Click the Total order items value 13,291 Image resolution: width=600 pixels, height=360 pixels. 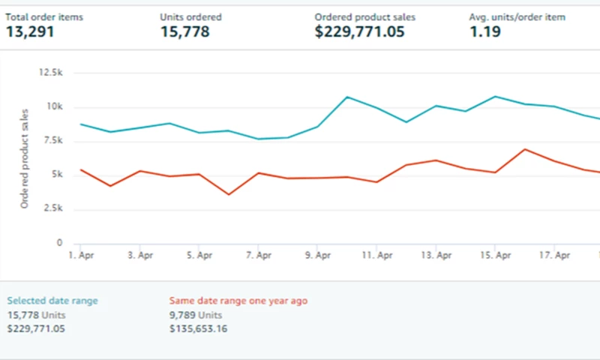pyautogui.click(x=30, y=31)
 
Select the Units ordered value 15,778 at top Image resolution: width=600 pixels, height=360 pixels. pyautogui.click(x=184, y=31)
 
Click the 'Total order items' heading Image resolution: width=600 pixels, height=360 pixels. pyautogui.click(x=45, y=16)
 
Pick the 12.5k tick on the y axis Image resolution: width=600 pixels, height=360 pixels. pyautogui.click(x=50, y=73)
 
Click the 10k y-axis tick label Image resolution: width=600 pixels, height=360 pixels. pyautogui.click(x=55, y=107)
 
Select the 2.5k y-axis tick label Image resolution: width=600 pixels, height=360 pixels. pyautogui.click(x=52, y=209)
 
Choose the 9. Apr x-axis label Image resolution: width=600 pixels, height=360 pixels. pyautogui.click(x=318, y=256)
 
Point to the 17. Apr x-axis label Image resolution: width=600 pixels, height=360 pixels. pyautogui.click(x=555, y=256)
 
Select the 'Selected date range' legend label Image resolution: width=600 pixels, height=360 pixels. pyautogui.click(x=52, y=301)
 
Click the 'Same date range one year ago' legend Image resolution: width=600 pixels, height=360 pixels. pyautogui.click(x=238, y=301)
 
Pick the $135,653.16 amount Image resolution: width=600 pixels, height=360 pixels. pyautogui.click(x=198, y=328)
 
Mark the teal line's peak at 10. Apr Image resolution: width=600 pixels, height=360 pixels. pyautogui.click(x=347, y=97)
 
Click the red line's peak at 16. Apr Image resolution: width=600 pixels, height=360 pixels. pyautogui.click(x=525, y=149)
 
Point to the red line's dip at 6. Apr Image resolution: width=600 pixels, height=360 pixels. pyautogui.click(x=229, y=195)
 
